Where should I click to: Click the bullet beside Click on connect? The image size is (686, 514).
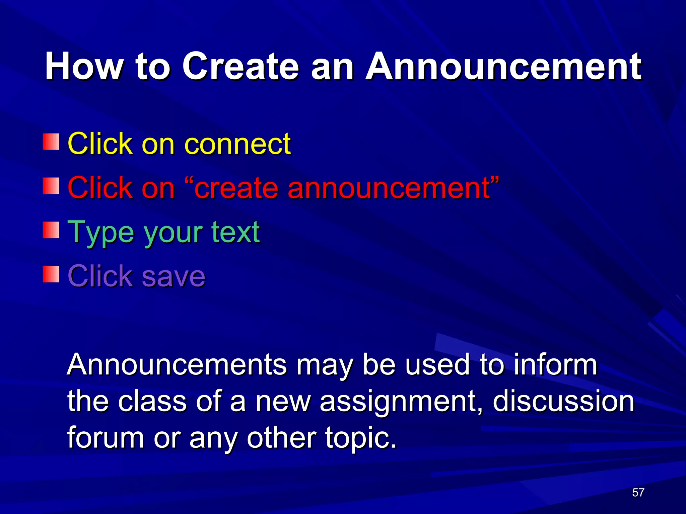click(51, 142)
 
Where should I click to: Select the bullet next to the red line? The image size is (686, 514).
click(51, 186)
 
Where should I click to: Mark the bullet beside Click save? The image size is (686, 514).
click(51, 274)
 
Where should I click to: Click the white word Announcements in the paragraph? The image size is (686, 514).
click(177, 365)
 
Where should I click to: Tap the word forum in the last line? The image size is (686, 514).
click(105, 437)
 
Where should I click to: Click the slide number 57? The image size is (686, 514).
click(638, 492)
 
